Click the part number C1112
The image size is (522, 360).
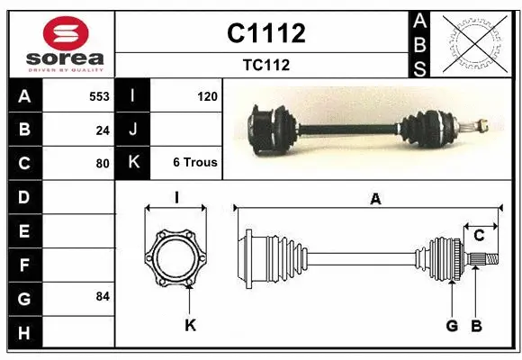click(x=265, y=33)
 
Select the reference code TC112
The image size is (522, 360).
click(x=265, y=65)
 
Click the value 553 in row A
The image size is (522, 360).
click(x=99, y=95)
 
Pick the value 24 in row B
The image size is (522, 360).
click(x=103, y=130)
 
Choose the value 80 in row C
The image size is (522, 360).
click(x=103, y=163)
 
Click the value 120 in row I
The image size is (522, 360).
click(x=207, y=95)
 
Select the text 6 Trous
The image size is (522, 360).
click(x=195, y=163)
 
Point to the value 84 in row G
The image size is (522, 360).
click(x=103, y=296)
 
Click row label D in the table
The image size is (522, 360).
click(x=24, y=196)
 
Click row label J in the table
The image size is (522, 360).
click(x=133, y=130)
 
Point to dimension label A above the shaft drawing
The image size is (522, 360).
click(x=375, y=199)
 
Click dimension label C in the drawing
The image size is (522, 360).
click(x=480, y=235)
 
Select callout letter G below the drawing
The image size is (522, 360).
click(x=453, y=326)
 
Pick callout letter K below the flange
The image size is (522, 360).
click(x=190, y=326)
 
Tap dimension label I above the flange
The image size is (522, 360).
click(x=176, y=197)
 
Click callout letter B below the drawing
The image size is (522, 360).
click(x=477, y=326)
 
